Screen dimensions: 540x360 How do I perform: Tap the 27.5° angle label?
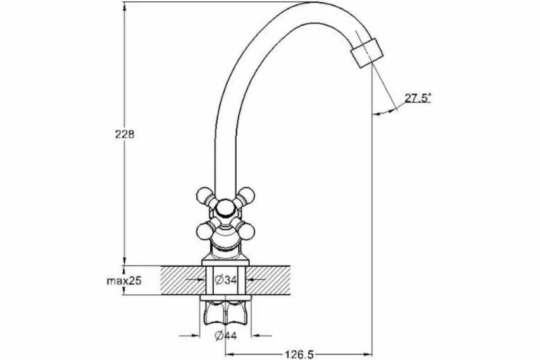point(417,98)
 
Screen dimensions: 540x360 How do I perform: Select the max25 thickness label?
point(124,281)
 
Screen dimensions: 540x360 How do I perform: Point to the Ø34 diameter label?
point(225,280)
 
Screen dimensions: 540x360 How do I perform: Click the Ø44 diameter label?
point(225,336)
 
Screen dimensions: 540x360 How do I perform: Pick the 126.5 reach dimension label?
point(298,355)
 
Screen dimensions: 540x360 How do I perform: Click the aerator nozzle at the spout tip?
point(367,53)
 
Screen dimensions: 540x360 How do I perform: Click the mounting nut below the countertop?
point(225,313)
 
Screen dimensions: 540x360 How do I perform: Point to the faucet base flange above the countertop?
point(225,261)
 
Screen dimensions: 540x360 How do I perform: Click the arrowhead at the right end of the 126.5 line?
point(369,354)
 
